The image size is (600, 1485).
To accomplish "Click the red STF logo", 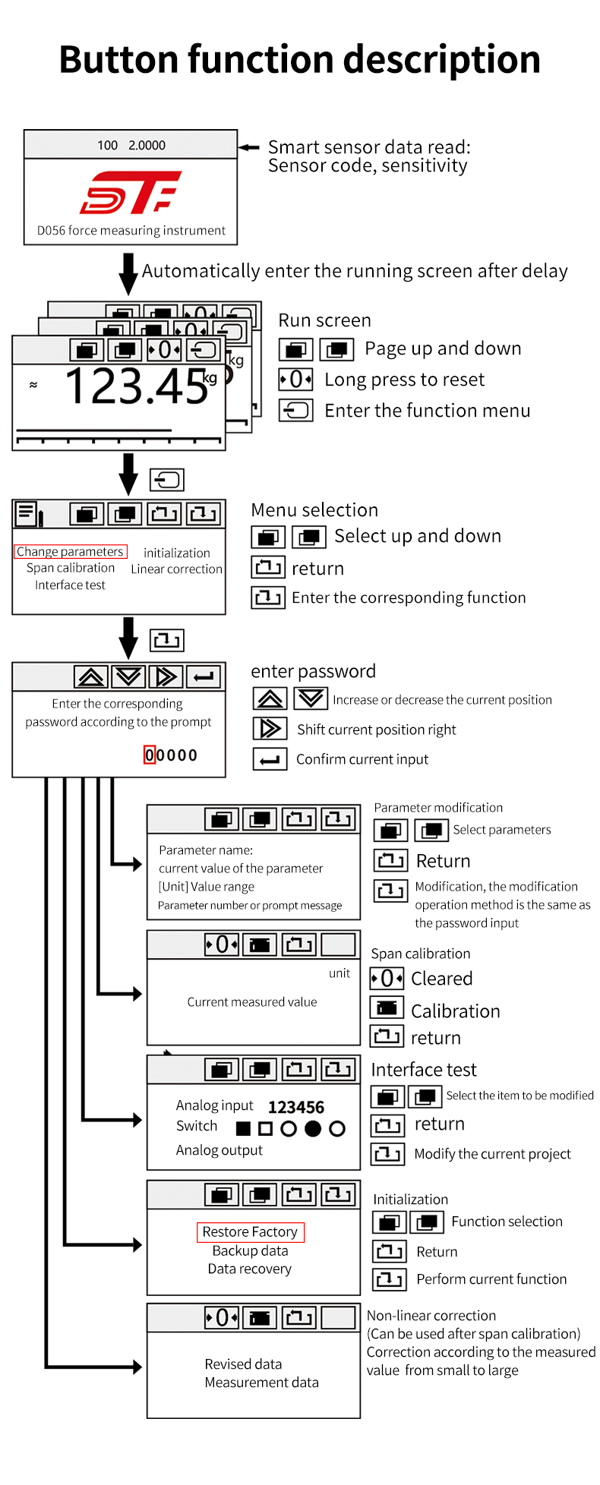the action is tap(131, 192).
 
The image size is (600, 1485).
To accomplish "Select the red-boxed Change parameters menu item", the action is tap(70, 552).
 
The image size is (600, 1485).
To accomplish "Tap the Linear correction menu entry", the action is tap(176, 569).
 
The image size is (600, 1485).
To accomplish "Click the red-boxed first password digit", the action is tap(150, 755).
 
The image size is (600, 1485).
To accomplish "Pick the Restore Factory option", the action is tap(250, 1232).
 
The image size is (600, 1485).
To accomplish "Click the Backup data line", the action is tap(250, 1251).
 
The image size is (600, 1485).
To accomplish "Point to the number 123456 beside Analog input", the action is tap(296, 1108).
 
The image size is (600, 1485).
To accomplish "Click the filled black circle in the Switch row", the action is tap(313, 1129).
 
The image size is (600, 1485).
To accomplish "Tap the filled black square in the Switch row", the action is tap(243, 1129).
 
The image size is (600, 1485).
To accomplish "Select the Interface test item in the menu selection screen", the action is tap(70, 585).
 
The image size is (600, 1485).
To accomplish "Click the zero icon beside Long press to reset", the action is tap(295, 379).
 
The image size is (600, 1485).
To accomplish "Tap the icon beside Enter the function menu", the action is tap(295, 411).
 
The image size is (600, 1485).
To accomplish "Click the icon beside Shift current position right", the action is tap(270, 729).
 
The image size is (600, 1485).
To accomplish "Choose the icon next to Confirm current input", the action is tap(270, 759).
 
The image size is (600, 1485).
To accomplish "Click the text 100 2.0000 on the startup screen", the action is tap(131, 145).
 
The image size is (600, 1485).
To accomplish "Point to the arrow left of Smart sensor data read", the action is tap(249, 147).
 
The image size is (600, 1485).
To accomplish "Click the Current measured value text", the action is tap(252, 1002).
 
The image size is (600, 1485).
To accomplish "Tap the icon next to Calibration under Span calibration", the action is tap(387, 1008).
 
